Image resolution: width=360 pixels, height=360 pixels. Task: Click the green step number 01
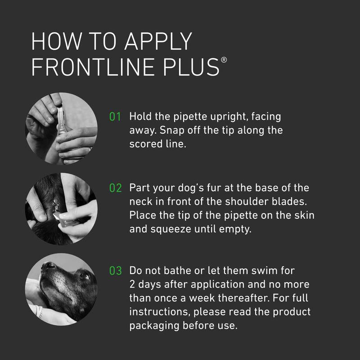click(x=116, y=117)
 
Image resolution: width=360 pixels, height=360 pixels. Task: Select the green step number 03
click(x=116, y=271)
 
